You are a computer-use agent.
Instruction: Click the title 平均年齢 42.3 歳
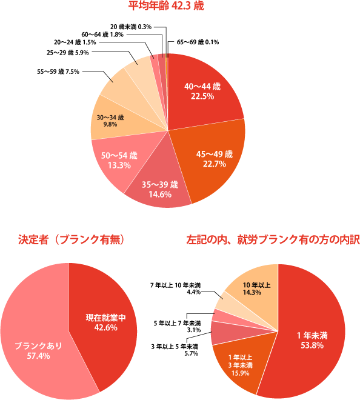click(166, 5)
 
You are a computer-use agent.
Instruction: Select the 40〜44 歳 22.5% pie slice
click(202, 92)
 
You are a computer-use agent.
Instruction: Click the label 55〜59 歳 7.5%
click(58, 72)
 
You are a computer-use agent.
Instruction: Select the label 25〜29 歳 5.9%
click(68, 53)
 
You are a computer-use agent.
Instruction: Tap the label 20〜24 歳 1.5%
click(75, 42)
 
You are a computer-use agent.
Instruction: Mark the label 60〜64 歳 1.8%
click(102, 34)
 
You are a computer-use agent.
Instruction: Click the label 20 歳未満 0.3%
click(131, 27)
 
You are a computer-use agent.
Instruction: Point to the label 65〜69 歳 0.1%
click(198, 42)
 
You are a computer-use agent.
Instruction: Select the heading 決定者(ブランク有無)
click(71, 240)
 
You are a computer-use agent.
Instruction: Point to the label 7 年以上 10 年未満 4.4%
click(175, 288)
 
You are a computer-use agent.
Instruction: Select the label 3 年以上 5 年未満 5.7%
click(175, 350)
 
